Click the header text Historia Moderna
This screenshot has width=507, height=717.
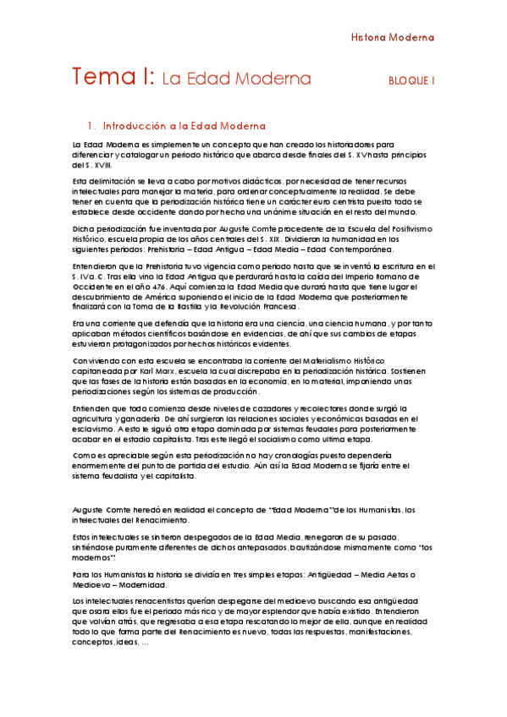pos(392,37)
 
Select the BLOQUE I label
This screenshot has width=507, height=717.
pos(411,81)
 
